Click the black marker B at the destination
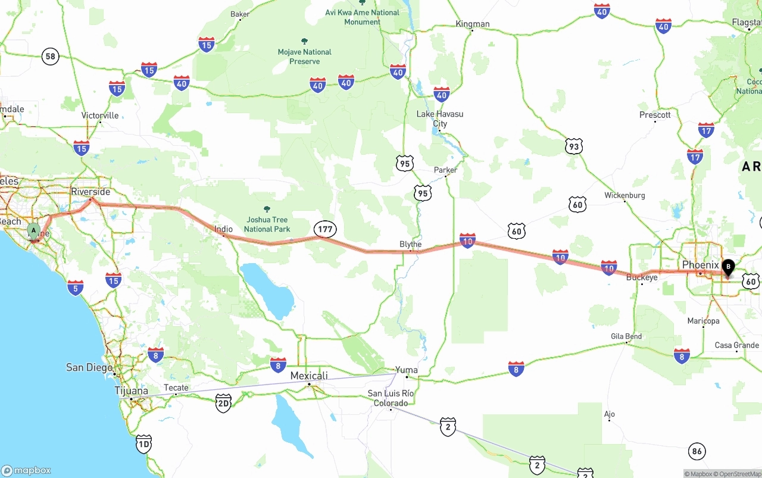click(x=727, y=267)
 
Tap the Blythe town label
click(x=410, y=244)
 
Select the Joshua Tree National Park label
click(x=267, y=224)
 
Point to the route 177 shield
click(x=325, y=229)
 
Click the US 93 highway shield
click(x=573, y=146)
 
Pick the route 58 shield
click(x=51, y=57)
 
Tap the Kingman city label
click(x=473, y=24)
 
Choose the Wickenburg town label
click(x=624, y=195)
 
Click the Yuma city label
click(x=407, y=370)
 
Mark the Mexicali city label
click(x=309, y=376)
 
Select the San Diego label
click(x=89, y=367)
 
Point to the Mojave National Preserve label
click(x=304, y=57)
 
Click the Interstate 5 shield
click(x=75, y=288)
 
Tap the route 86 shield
click(x=697, y=451)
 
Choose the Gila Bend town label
click(x=626, y=336)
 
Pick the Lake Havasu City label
click(x=440, y=118)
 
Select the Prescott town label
click(x=655, y=115)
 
